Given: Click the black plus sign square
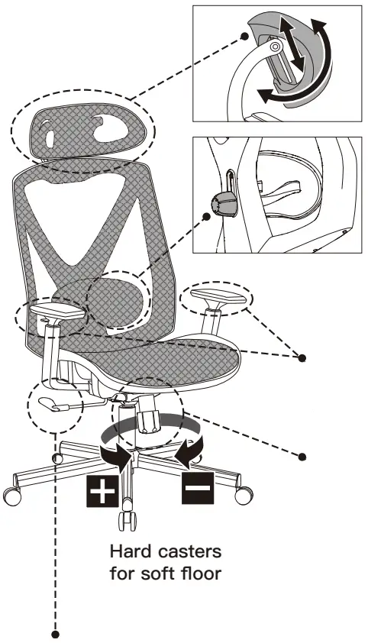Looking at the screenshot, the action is point(102,491).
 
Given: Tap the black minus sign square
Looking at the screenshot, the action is point(198,488).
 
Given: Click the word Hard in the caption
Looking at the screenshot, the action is point(131,551).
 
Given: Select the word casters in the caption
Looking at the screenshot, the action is point(189,552).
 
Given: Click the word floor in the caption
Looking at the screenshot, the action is point(202,573).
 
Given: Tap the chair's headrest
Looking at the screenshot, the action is point(84,131).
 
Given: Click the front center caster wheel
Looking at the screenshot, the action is point(128,521).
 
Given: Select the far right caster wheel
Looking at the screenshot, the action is point(244,495).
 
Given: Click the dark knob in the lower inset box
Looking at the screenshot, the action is point(224,204).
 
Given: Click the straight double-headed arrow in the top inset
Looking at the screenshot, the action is point(292,43).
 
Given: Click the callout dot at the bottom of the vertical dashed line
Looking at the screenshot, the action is point(56,635).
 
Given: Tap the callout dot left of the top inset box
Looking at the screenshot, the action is point(244,36).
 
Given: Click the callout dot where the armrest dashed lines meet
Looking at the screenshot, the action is point(302,358).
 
